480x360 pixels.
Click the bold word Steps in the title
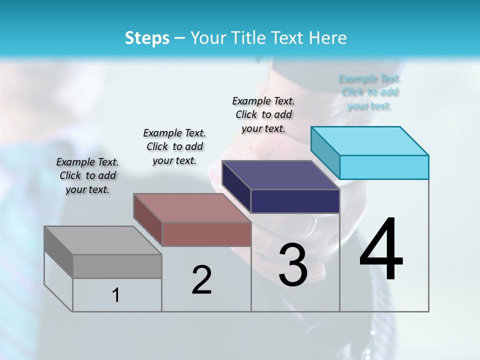point(147,38)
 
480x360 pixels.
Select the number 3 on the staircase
point(293,265)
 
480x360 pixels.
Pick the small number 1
point(116,295)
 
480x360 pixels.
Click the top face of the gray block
point(102,240)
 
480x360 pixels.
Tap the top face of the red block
point(192,208)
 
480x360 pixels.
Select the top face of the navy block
point(280,175)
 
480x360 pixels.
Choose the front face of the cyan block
point(384,167)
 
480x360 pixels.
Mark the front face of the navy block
point(295,201)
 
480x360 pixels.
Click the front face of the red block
point(206,234)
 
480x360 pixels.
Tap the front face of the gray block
point(117,266)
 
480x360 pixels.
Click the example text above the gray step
point(88,175)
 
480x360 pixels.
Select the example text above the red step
point(174,146)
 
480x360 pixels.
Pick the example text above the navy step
point(263,114)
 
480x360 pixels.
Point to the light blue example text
point(370,92)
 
